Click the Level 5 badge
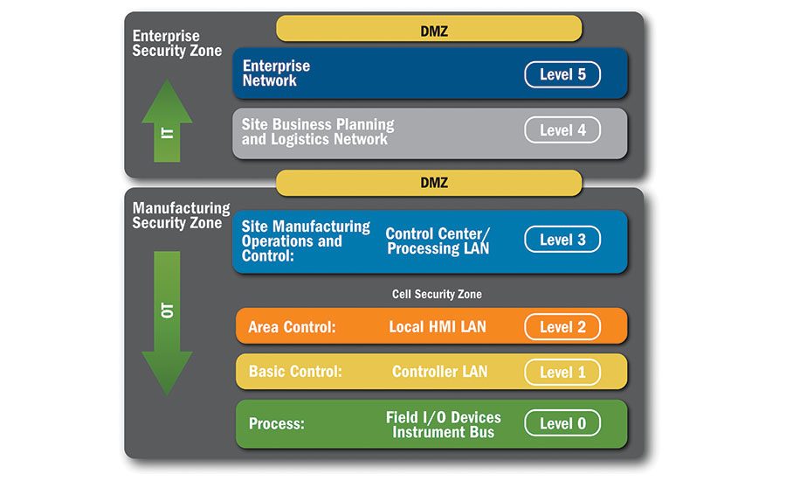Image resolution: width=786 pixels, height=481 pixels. (562, 74)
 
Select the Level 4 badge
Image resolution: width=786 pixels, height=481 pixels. (562, 130)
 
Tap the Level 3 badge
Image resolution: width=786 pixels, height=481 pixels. (562, 240)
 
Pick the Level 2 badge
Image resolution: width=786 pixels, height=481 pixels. (562, 327)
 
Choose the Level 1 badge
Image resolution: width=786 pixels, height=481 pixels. (562, 372)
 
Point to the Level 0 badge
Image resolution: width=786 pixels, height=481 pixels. (562, 423)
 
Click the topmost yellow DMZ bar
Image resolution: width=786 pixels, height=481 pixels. (429, 29)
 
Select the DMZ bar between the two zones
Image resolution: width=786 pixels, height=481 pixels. (429, 183)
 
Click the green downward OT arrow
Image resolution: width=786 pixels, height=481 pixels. (167, 319)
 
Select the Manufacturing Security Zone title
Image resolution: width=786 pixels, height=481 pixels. (181, 215)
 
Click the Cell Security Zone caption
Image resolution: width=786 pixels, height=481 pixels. (437, 294)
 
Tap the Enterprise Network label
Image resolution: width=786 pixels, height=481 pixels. (276, 73)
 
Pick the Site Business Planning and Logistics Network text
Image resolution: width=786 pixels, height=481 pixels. (318, 132)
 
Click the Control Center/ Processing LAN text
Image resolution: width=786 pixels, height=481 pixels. (438, 241)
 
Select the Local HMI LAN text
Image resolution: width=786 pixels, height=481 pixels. (438, 327)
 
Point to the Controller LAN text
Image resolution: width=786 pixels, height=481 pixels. (439, 372)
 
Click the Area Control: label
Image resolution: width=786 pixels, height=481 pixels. (292, 327)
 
